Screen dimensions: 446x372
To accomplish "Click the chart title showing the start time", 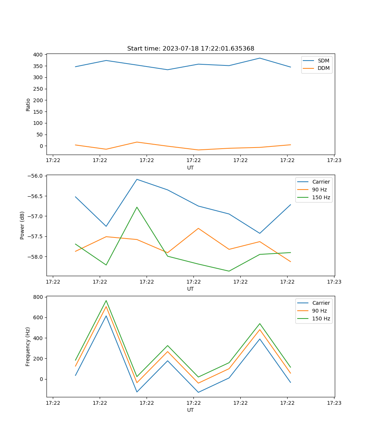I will click(x=190, y=49).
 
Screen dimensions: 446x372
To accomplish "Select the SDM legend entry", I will click(x=323, y=61).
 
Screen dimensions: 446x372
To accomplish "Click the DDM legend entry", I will click(x=323, y=68).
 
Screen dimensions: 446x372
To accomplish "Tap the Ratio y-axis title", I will click(x=28, y=104).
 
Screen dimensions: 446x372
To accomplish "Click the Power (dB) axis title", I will click(x=22, y=225).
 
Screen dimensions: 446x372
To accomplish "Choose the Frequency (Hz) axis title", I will click(x=28, y=346).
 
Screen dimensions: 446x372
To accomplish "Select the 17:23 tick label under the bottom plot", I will click(x=334, y=403).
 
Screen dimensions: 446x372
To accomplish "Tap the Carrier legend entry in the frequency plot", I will click(x=321, y=303).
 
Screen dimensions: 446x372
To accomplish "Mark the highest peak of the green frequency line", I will click(x=106, y=301).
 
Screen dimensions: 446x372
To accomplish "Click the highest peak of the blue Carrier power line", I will click(x=137, y=179).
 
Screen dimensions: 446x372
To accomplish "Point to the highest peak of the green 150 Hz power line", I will click(x=137, y=207).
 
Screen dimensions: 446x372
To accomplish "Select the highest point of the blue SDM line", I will click(x=260, y=58).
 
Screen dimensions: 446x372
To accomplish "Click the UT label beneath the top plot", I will click(x=190, y=168).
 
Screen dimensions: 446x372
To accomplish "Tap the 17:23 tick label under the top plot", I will click(x=334, y=161).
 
